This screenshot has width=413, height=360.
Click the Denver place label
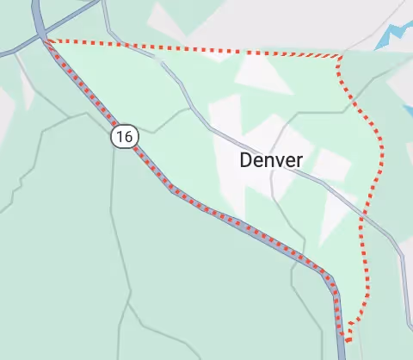tap(271, 160)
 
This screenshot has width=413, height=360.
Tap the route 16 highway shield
tap(125, 136)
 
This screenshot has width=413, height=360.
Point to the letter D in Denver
tap(247, 160)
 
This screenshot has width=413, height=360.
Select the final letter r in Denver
tap(299, 161)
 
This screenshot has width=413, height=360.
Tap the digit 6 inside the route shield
tap(129, 136)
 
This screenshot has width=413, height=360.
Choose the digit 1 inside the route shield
tap(120, 136)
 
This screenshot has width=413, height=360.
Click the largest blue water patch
tap(398, 36)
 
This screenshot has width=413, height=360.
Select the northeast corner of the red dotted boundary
tap(340, 58)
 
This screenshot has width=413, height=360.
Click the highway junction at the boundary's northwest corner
tap(40, 36)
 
